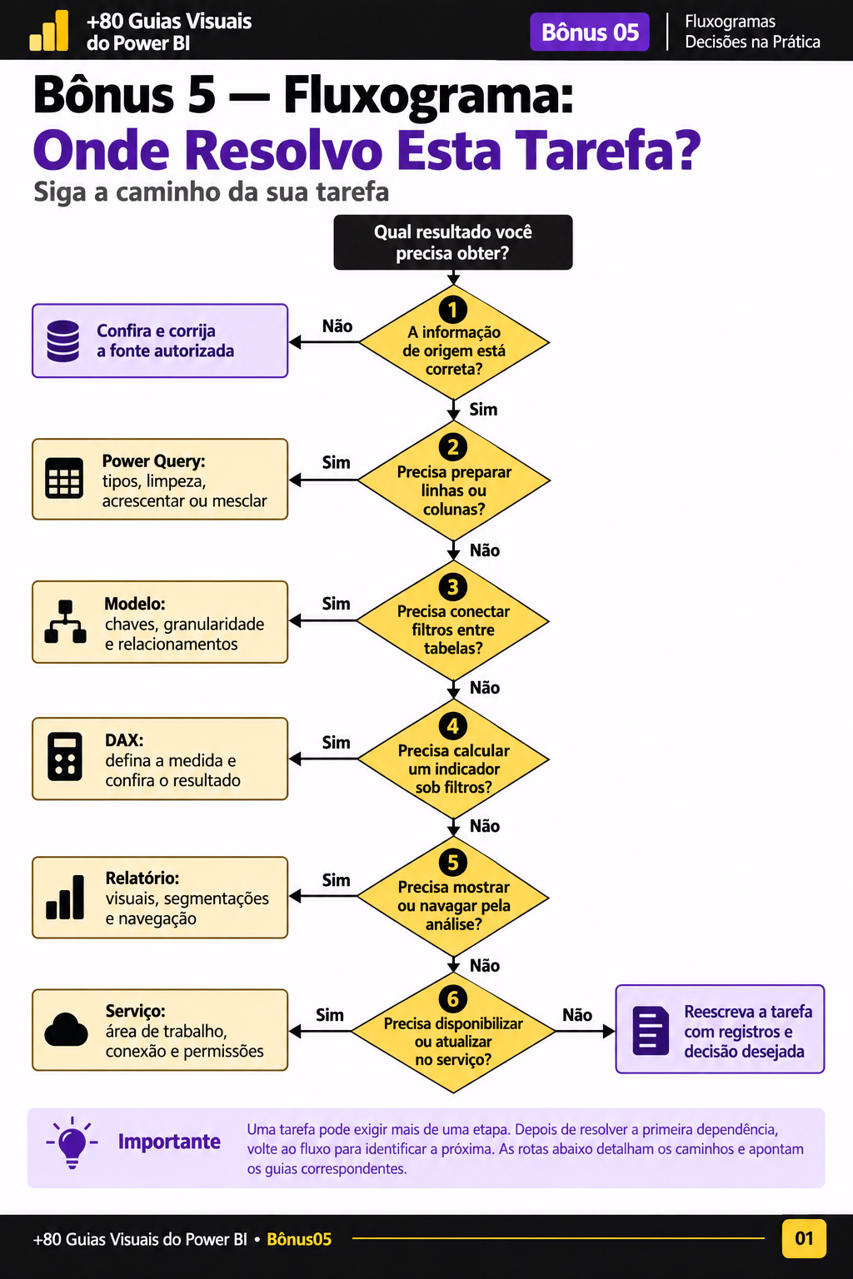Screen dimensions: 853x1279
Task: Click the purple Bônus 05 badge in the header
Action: (590, 32)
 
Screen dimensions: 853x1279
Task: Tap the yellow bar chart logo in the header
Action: (49, 31)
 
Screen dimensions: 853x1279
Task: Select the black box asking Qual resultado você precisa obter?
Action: (453, 242)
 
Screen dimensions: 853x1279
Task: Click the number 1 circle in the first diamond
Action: (453, 310)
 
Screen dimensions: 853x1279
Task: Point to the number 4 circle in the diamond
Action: (453, 726)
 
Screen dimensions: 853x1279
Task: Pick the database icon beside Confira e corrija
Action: (62, 341)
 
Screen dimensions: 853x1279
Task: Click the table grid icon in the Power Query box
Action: (64, 479)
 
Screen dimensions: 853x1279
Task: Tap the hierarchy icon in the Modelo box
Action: (65, 621)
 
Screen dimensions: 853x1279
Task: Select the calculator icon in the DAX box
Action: (65, 757)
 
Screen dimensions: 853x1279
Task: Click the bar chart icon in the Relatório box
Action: (65, 897)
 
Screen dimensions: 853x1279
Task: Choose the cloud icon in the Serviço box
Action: (67, 1029)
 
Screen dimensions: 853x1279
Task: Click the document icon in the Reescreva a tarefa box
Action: (651, 1031)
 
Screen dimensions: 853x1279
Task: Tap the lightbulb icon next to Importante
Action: (72, 1142)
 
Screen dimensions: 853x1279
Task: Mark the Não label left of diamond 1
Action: (337, 326)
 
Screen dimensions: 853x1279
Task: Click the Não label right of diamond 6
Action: (577, 1015)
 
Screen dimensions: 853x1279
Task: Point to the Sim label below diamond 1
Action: (483, 410)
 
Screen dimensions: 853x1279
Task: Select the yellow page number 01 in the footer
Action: (804, 1238)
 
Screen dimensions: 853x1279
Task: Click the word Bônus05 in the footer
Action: (299, 1239)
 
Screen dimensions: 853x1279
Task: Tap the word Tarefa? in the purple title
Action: (608, 150)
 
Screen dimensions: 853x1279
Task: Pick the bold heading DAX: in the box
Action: (124, 740)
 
